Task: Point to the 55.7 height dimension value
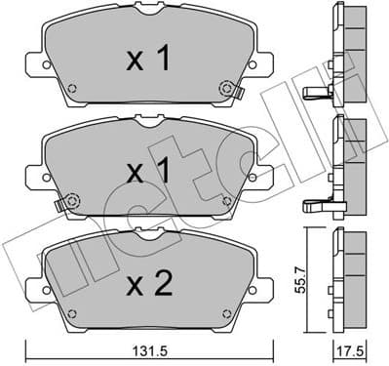[x=309, y=282]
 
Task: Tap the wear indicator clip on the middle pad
[x=64, y=205]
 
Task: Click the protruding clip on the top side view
[x=316, y=95]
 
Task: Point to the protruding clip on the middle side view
[x=316, y=205]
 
